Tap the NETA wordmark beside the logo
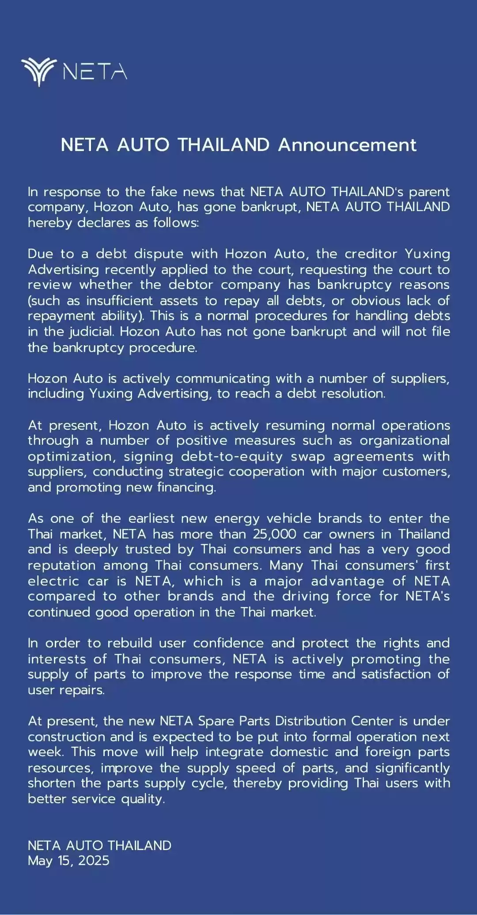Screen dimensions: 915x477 pos(95,72)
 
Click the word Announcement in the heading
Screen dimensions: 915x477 pos(347,145)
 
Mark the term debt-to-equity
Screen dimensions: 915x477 pos(231,456)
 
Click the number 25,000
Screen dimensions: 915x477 pos(274,534)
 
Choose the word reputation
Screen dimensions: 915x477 pos(62,565)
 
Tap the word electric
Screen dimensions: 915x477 pos(53,581)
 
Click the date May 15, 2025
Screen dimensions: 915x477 pos(68,861)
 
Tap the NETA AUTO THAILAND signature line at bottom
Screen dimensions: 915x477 pos(99,845)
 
